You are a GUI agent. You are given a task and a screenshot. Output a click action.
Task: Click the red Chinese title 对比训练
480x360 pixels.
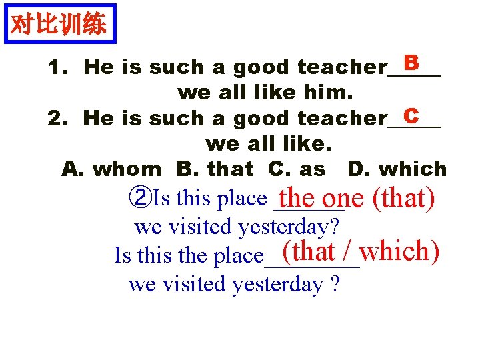coord(59,25)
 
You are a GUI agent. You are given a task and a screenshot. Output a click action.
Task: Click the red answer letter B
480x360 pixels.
coord(411,63)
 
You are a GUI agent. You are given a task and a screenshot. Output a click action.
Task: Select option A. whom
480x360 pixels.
coord(111,169)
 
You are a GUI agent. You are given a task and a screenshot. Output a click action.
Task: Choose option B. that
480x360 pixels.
coord(215,169)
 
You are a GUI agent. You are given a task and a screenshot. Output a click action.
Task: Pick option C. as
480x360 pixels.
coord(297,169)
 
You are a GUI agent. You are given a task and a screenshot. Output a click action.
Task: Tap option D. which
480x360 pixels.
coord(397,169)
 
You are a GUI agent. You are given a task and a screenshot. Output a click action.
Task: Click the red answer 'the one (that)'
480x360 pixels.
coord(357,198)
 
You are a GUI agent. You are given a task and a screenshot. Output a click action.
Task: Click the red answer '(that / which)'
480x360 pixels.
coord(360,251)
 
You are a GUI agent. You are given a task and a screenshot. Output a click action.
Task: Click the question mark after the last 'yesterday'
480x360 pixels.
coord(335,285)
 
